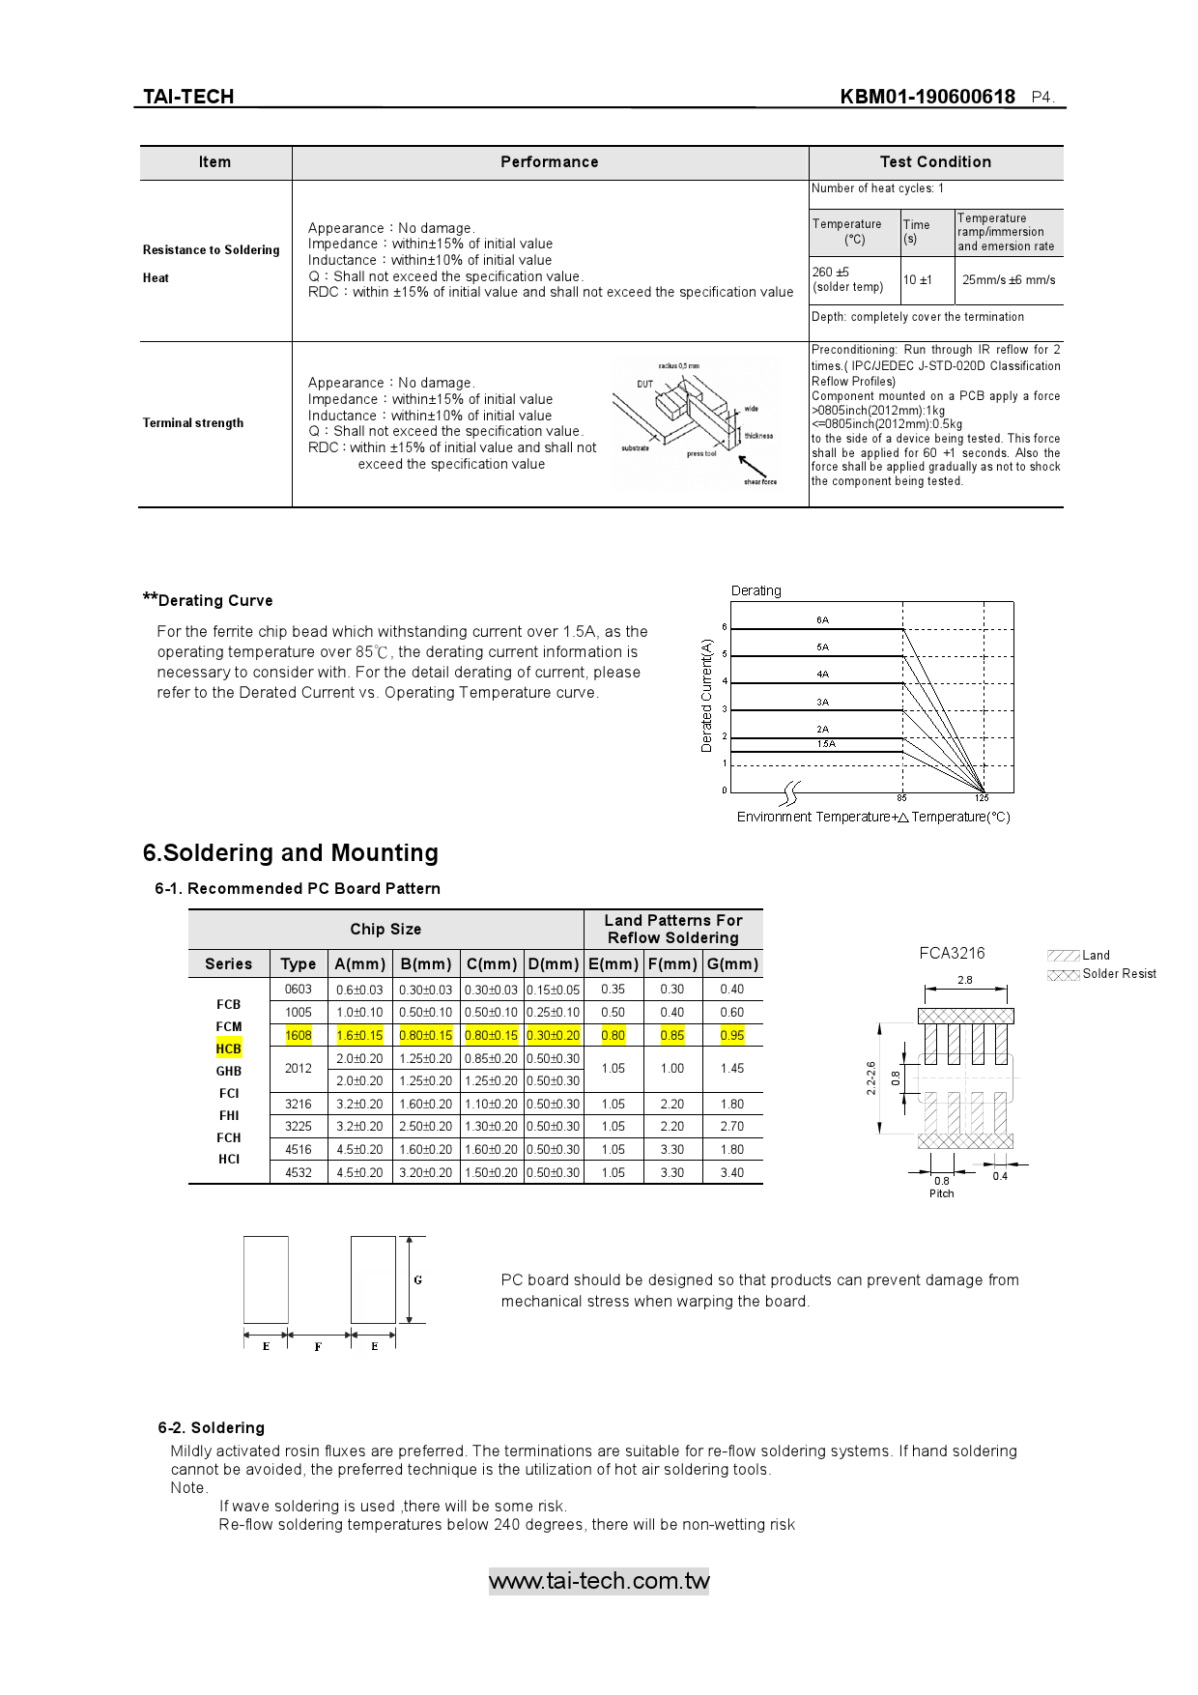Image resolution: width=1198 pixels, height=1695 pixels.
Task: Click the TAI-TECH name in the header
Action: coord(188,97)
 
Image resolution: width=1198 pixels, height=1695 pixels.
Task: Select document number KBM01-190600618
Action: coord(927,97)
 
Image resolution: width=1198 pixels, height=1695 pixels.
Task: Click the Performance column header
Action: coord(549,162)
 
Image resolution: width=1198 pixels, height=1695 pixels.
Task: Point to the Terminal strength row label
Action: coord(193,423)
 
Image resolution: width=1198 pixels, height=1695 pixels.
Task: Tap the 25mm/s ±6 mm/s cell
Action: coord(1009,280)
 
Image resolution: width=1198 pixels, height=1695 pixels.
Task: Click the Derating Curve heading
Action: coord(214,601)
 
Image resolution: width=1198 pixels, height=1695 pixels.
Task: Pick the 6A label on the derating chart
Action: coord(822,620)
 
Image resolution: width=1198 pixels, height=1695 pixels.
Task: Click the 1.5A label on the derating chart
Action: coord(826,744)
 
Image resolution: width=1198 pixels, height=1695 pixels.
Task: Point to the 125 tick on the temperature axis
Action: coord(982,798)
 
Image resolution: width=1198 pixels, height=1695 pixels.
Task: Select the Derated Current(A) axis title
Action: coord(706,696)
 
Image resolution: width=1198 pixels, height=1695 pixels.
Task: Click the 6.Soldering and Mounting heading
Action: coord(290,853)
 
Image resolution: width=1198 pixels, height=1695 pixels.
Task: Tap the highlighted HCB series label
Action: coord(229,1049)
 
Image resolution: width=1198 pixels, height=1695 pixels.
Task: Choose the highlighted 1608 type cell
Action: coord(299,1036)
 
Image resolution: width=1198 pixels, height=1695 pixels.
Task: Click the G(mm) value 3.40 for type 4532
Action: coord(732,1173)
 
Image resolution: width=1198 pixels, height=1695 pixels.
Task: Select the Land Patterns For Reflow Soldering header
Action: coord(673,930)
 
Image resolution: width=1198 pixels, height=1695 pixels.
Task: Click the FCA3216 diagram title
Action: coord(952,954)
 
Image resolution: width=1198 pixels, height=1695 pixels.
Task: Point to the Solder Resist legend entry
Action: coord(1119,974)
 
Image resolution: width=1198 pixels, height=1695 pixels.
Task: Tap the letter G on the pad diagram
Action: coord(418,1280)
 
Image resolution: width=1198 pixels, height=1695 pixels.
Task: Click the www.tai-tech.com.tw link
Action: coord(599,1581)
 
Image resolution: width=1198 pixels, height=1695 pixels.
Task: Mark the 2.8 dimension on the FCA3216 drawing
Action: coord(964,980)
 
